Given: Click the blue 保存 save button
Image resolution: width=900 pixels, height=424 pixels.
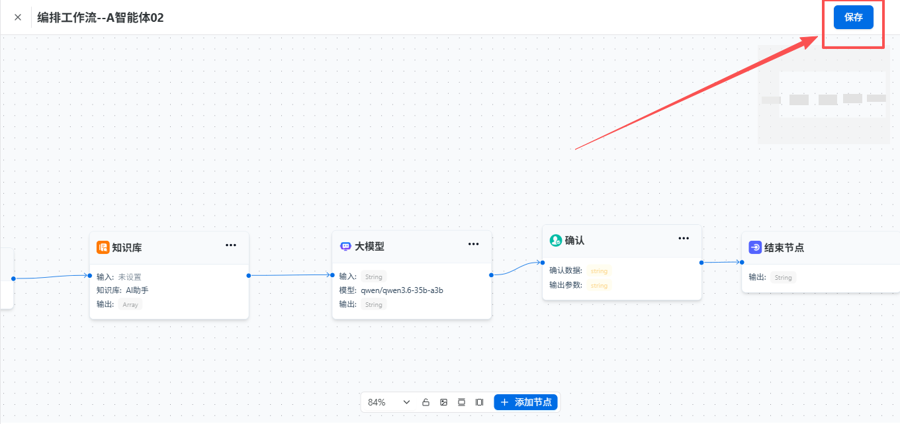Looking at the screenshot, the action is pos(854,17).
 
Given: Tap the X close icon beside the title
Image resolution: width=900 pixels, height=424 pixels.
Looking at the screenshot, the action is pos(18,17).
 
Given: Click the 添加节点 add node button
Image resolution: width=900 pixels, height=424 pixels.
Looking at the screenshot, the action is pos(526,402).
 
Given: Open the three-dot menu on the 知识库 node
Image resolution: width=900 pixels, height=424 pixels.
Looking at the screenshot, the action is pos(230,245).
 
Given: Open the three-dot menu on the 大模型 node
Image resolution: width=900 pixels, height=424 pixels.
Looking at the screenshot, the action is pos(473,244).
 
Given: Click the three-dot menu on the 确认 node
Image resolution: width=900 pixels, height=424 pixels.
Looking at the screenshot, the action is pos(684,239).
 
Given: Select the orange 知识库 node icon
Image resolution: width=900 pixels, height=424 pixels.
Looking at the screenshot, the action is pos(103,247).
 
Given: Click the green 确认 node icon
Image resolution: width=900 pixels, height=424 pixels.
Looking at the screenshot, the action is pos(556,241).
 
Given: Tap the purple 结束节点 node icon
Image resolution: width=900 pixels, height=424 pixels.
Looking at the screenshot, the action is pos(755,247).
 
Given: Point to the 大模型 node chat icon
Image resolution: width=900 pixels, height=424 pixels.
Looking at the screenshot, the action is pos(345,246).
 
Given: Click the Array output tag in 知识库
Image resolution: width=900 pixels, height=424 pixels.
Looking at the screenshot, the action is pos(130,305).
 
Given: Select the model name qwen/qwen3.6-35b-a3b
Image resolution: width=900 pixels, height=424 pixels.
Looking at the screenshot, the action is pos(402,290).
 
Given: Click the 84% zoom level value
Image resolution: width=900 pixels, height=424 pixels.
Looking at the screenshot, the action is pos(377,402).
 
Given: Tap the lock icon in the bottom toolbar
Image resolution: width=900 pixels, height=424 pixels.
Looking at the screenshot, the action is pos(426,402).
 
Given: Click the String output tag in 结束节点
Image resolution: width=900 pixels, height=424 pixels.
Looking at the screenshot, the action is pos(783,277).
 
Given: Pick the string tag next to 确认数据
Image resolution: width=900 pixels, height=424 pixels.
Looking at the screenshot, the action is pos(599,271).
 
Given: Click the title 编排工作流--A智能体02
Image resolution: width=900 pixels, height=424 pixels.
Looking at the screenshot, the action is pos(101,18).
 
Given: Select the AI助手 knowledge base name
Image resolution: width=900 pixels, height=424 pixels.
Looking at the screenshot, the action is pos(137,290).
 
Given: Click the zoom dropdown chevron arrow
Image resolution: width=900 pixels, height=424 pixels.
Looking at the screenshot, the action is pos(406,402).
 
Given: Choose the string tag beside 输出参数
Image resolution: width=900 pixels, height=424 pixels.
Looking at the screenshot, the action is pos(599,286).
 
